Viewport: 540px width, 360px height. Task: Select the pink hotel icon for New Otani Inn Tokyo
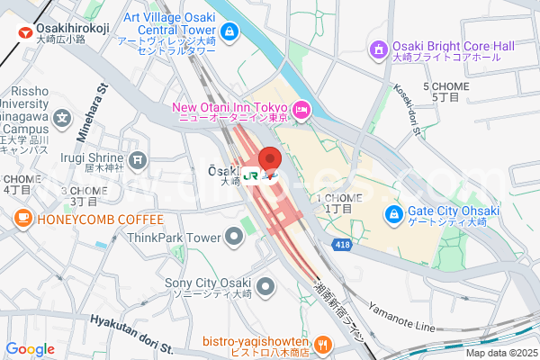pyautogui.click(x=301, y=109)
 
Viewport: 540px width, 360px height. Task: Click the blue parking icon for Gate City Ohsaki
pyautogui.click(x=393, y=215)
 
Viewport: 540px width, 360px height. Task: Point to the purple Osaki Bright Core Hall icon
pyautogui.click(x=379, y=47)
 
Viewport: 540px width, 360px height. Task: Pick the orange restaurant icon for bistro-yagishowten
pyautogui.click(x=322, y=343)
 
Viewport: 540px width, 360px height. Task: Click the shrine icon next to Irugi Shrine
pyautogui.click(x=137, y=160)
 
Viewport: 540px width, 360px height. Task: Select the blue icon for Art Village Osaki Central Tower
pyautogui.click(x=229, y=33)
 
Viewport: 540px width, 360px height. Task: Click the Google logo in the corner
pyautogui.click(x=30, y=349)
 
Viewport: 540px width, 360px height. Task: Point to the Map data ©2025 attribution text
pyautogui.click(x=499, y=353)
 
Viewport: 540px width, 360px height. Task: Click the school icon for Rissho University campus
pyautogui.click(x=61, y=117)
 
